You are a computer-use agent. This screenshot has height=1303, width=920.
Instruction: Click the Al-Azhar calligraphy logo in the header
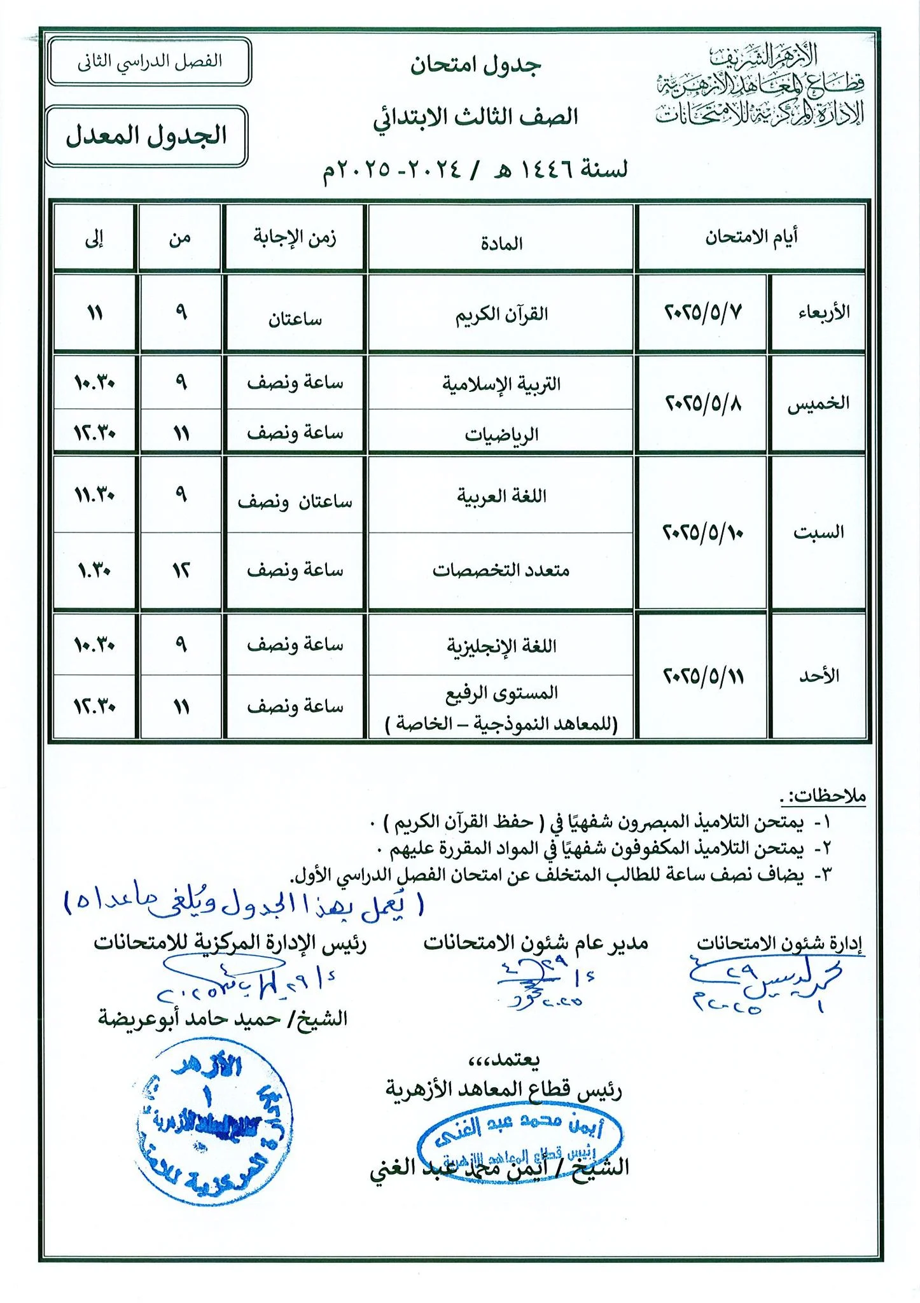tap(760, 85)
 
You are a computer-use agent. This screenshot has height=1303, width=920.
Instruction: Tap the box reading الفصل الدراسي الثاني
tap(150, 62)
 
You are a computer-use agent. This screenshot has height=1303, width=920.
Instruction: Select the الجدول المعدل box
tap(147, 136)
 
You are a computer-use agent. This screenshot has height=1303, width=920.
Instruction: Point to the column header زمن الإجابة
tap(295, 238)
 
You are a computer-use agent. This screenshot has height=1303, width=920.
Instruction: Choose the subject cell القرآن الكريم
tap(501, 314)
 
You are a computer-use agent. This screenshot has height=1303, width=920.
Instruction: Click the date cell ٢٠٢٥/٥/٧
tap(703, 313)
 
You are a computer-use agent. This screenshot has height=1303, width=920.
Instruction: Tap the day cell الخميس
tap(818, 404)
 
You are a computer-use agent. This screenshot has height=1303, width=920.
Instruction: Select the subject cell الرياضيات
tap(501, 435)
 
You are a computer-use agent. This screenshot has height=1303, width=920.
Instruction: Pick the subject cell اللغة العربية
tap(501, 496)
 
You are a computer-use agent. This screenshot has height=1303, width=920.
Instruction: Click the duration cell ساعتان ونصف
tap(295, 502)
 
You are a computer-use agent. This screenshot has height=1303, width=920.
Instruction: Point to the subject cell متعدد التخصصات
tap(501, 570)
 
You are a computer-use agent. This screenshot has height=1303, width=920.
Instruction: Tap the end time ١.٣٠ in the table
tap(95, 570)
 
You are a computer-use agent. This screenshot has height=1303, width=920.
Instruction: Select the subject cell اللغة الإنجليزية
tap(501, 646)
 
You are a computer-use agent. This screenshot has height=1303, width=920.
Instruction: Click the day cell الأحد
tap(819, 676)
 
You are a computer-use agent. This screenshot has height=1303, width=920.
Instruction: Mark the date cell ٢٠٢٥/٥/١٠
tap(703, 532)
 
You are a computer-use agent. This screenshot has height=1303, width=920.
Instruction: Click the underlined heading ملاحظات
tap(824, 795)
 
